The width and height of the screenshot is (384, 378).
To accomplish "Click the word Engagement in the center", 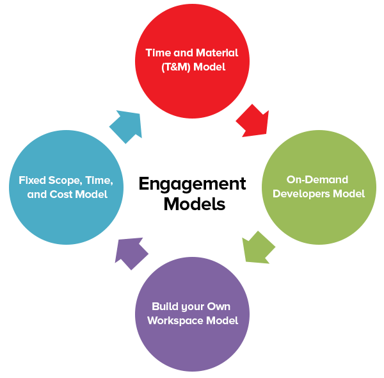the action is click(x=192, y=185).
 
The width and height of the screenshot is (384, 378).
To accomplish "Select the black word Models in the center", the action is click(x=195, y=204).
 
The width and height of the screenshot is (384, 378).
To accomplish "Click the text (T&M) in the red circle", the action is click(x=176, y=67).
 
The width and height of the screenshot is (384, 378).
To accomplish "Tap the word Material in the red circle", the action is click(x=217, y=53).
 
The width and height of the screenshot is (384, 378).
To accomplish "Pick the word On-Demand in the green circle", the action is click(x=317, y=179).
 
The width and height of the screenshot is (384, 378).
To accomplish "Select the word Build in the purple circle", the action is click(x=162, y=306).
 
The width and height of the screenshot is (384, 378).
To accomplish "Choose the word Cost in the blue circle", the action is click(x=61, y=194).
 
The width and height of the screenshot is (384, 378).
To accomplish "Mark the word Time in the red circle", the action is click(x=158, y=53).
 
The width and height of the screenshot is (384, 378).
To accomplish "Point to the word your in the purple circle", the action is click(x=190, y=308).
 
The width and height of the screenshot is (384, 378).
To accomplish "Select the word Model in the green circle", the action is click(x=349, y=194).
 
